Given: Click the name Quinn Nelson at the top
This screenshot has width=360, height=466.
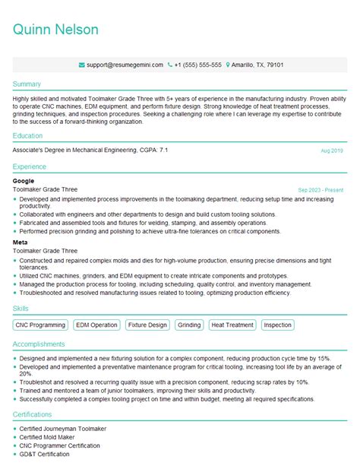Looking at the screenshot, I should [55, 30].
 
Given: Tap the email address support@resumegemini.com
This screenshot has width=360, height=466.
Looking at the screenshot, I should [125, 65].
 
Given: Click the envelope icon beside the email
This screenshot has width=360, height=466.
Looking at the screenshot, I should [81, 65].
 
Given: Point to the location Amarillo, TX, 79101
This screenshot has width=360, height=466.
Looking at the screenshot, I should [257, 65].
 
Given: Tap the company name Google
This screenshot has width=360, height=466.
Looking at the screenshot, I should [24, 181].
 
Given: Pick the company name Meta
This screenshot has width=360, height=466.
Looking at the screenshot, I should [21, 243].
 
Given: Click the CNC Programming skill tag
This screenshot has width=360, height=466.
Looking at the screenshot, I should [41, 325].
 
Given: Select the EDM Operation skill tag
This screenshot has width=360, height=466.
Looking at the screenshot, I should [96, 325].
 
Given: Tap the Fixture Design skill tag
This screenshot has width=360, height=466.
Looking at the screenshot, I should [147, 325].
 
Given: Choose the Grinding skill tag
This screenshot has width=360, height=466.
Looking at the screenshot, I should [189, 325].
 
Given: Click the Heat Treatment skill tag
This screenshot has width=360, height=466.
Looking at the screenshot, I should [232, 325].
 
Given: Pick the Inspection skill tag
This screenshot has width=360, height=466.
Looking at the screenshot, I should [278, 325].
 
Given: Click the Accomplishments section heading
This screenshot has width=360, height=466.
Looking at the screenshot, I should [43, 344].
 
